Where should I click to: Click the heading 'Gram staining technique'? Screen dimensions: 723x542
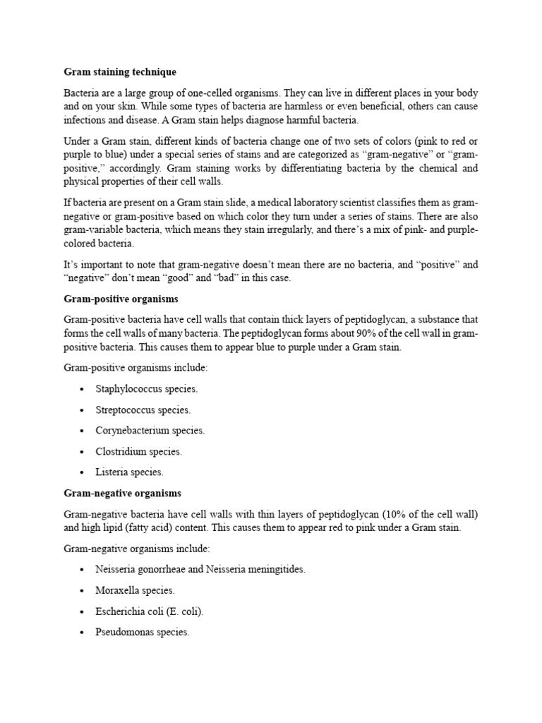(x=120, y=72)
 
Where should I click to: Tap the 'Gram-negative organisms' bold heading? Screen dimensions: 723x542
(x=122, y=493)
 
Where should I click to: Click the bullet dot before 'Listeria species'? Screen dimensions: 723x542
(x=82, y=472)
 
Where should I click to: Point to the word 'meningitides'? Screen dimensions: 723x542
(x=277, y=570)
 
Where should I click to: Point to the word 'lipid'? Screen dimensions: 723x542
(x=115, y=527)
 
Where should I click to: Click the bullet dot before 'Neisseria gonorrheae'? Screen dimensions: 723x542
(x=82, y=570)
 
